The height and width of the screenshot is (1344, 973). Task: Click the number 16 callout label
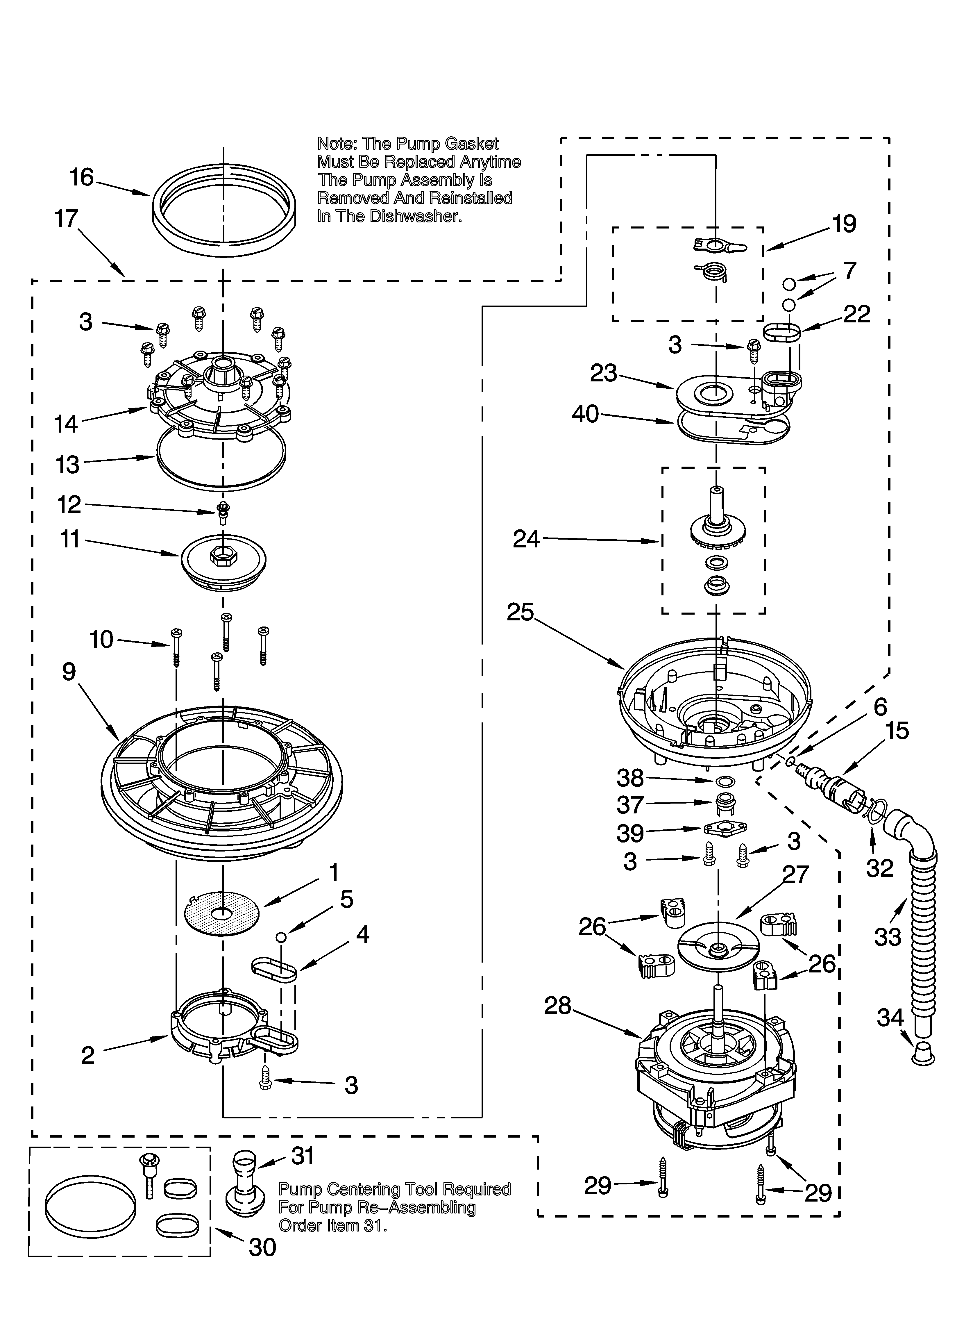coord(82,177)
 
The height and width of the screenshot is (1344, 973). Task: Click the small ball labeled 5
coord(282,936)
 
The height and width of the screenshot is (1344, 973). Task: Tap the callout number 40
coord(586,414)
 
